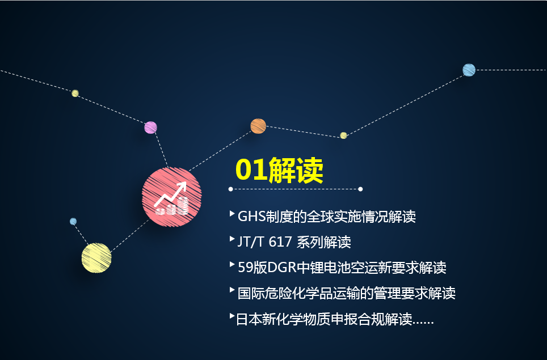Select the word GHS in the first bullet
point(252,217)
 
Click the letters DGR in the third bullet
point(282,267)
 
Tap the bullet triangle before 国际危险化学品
point(232,290)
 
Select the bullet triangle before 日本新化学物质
point(232,316)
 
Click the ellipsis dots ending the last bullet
point(423,323)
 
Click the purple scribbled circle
point(151,128)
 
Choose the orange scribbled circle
point(258,126)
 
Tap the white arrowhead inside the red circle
point(182,187)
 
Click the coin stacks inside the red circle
point(172,207)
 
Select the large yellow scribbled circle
point(96,258)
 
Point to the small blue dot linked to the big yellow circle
point(73,221)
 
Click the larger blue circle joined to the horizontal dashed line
point(469,70)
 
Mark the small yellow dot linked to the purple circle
point(75,94)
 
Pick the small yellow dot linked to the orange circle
point(344,135)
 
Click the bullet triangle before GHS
point(232,213)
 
